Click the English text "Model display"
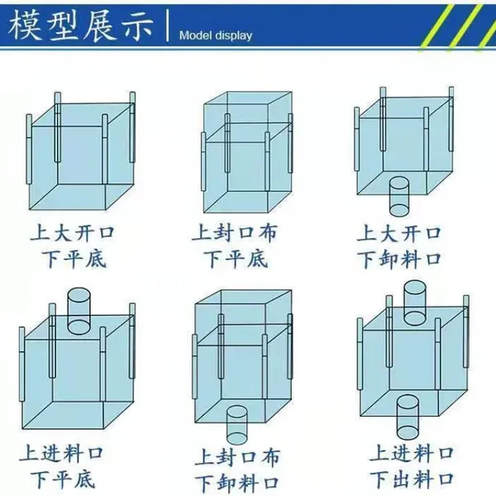click(216, 36)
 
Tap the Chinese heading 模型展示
click(81, 26)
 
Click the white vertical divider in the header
click(168, 26)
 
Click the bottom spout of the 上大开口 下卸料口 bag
click(399, 197)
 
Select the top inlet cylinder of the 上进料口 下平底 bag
click(79, 311)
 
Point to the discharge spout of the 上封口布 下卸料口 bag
click(236, 425)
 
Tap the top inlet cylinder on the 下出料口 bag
click(415, 303)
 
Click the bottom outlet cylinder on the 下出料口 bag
click(408, 417)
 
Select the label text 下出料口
click(412, 479)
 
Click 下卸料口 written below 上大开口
click(399, 260)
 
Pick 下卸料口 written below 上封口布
click(236, 484)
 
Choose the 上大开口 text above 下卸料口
click(399, 233)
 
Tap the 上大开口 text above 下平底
click(72, 232)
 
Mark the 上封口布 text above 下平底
click(235, 232)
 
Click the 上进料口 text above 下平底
click(61, 453)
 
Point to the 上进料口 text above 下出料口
click(412, 453)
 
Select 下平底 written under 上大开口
click(74, 259)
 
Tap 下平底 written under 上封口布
click(236, 259)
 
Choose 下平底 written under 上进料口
click(63, 479)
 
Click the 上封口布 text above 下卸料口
click(237, 457)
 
